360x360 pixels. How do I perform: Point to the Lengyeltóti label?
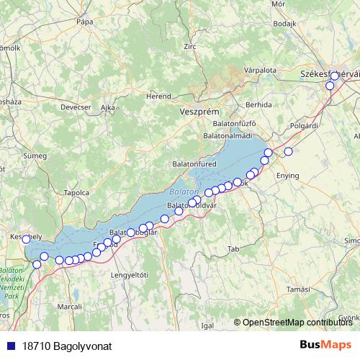(129, 274)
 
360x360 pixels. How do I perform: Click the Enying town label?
(287, 175)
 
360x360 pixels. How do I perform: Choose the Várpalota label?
(260, 71)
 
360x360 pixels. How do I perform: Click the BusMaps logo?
(325, 346)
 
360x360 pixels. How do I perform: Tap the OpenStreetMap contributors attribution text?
(297, 323)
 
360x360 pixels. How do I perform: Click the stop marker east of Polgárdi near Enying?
(289, 151)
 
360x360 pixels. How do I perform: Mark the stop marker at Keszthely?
(27, 239)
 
